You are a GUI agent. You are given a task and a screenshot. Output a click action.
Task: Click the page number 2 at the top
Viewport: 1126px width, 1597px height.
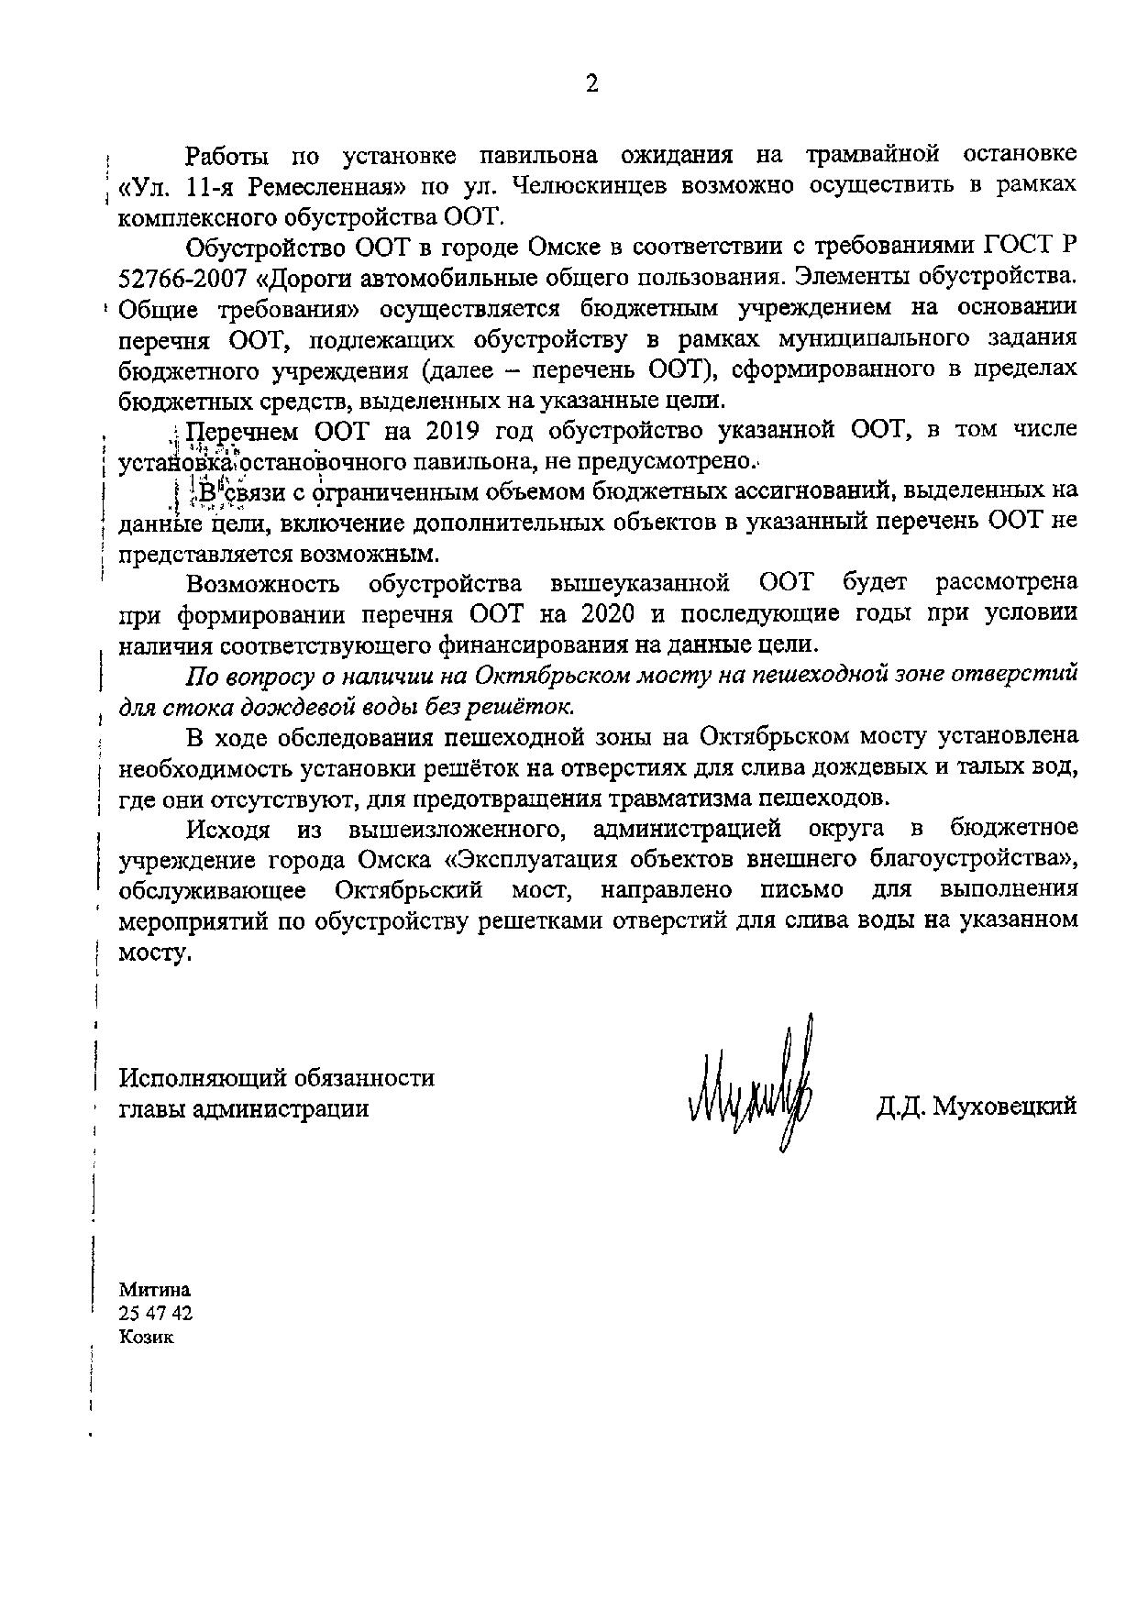click(591, 84)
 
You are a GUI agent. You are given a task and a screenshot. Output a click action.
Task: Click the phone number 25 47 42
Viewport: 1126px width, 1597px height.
click(156, 1313)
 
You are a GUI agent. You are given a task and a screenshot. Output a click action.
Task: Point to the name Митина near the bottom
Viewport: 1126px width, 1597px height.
click(155, 1289)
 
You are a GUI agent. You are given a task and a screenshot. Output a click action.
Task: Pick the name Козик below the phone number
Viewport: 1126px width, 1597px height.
click(146, 1337)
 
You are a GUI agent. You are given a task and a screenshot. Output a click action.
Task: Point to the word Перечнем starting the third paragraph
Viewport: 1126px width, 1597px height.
click(243, 430)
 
